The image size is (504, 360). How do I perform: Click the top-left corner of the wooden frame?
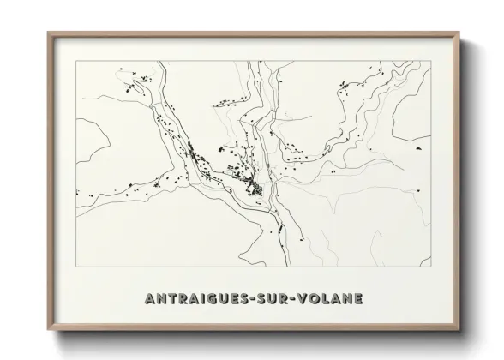(48, 33)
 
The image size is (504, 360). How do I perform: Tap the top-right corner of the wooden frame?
(459, 33)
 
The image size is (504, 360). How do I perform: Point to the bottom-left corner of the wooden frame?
(48, 330)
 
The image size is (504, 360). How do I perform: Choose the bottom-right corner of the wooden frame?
(459, 330)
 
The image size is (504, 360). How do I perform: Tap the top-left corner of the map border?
(76, 62)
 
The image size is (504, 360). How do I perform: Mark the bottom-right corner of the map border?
(431, 267)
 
